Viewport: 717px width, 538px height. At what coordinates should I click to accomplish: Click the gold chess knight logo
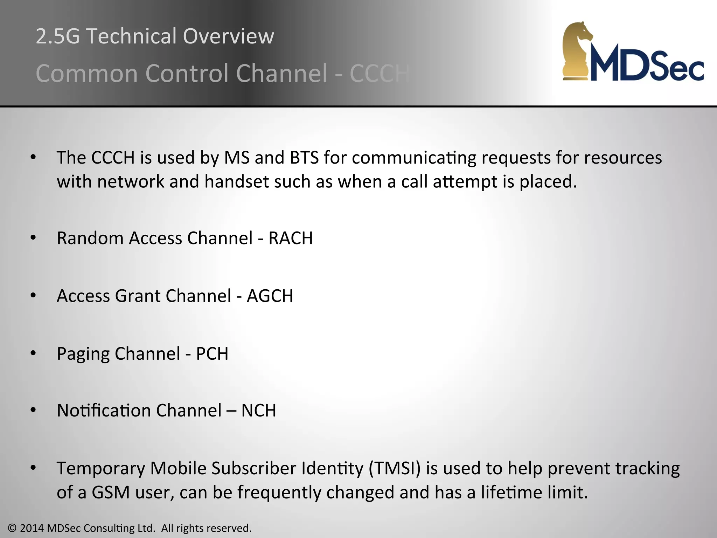click(x=577, y=51)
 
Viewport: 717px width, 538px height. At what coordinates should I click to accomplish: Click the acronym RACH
click(x=291, y=239)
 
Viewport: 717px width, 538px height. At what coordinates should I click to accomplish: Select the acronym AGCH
click(x=270, y=296)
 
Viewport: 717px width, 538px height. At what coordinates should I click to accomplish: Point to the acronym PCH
click(x=212, y=354)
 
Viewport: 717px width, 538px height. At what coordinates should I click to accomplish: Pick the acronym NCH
click(x=259, y=411)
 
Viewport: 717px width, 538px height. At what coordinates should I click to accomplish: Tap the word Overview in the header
click(x=228, y=36)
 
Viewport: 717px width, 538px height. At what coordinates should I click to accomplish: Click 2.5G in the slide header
click(x=58, y=36)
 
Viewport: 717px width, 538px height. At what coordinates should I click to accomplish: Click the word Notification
click(x=104, y=411)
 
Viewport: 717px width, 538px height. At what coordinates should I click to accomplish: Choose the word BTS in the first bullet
click(x=304, y=158)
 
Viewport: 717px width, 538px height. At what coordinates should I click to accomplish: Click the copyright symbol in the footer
click(x=12, y=528)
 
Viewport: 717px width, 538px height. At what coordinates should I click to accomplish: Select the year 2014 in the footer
click(x=32, y=528)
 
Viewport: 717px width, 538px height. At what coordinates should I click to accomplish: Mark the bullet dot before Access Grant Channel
click(x=33, y=296)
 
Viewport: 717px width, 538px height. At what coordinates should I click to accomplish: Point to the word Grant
click(x=138, y=296)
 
